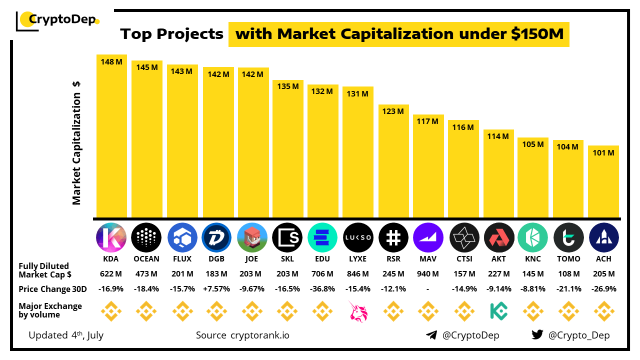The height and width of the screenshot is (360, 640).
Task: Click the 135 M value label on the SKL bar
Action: tap(287, 86)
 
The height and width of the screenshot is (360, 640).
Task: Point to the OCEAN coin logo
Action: tap(146, 237)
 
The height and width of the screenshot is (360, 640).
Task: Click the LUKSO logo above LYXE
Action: tap(358, 237)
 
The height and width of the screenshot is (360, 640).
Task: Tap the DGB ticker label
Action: tap(216, 259)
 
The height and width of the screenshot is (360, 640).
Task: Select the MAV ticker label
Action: tap(428, 259)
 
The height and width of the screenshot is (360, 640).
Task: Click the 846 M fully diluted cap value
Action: tap(358, 274)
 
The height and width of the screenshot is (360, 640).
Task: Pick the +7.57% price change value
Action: tap(216, 289)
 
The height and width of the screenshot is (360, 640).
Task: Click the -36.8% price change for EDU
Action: tap(322, 289)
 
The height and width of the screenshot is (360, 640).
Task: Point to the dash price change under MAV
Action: tap(428, 289)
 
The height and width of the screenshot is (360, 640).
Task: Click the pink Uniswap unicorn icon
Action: tap(358, 311)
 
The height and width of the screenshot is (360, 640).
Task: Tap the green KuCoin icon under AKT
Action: tap(498, 311)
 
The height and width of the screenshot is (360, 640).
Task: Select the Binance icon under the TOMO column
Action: tap(568, 311)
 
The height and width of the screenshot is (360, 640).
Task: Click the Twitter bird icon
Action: tap(537, 335)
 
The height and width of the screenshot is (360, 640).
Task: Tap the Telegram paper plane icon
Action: tap(431, 335)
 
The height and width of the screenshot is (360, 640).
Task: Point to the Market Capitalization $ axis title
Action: tap(76, 143)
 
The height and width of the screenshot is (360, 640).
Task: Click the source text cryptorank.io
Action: tap(259, 335)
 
